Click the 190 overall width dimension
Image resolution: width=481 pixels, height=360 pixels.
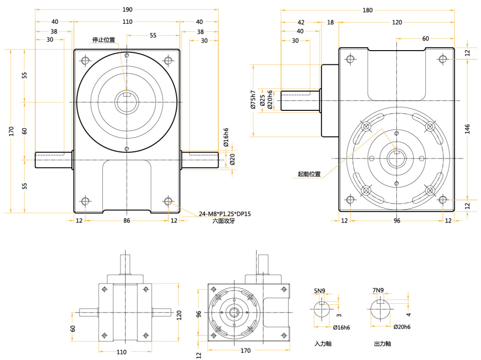click(x=127, y=10)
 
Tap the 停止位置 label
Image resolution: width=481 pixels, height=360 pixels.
click(x=103, y=39)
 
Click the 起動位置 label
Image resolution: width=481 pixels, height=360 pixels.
click(x=309, y=174)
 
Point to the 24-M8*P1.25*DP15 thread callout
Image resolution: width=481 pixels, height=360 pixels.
click(x=225, y=214)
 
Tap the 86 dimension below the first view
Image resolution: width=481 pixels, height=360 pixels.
click(x=127, y=220)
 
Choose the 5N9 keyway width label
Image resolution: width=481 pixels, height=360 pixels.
click(x=319, y=291)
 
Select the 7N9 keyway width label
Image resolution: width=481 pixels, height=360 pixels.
click(x=378, y=290)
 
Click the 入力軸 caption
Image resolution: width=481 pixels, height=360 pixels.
click(x=323, y=344)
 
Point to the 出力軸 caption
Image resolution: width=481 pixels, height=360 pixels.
click(x=382, y=344)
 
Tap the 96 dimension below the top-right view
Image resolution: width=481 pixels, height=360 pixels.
click(x=397, y=220)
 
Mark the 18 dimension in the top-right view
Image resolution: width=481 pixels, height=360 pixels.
click(x=331, y=22)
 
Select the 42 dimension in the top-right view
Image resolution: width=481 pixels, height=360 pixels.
click(x=301, y=22)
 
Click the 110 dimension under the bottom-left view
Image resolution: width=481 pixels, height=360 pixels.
click(x=122, y=351)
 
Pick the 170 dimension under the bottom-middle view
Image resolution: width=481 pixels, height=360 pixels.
click(x=246, y=350)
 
